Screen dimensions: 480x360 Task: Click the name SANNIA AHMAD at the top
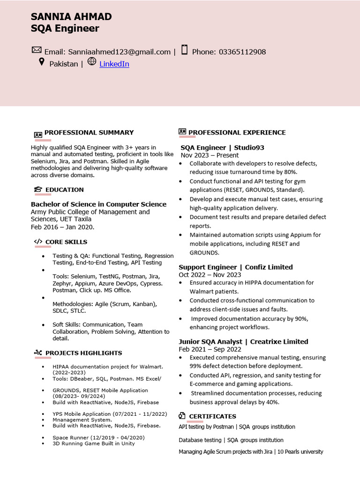(x=71, y=17)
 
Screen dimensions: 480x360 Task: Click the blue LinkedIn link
(x=114, y=64)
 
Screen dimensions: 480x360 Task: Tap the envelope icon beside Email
(x=37, y=50)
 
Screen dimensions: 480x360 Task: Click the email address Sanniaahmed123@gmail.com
(x=119, y=52)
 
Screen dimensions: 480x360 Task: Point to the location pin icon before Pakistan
(x=41, y=62)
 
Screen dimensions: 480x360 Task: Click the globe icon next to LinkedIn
(x=91, y=61)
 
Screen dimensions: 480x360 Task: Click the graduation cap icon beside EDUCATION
(x=38, y=190)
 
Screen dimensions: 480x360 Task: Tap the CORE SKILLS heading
(x=66, y=242)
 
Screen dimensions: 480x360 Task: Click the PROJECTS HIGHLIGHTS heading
(x=83, y=353)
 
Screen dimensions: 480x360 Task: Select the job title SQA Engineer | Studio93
(x=222, y=148)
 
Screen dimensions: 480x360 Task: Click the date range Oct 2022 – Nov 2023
(x=210, y=275)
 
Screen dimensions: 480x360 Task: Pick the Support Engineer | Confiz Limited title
(x=235, y=267)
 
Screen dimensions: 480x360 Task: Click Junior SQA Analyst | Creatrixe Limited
(x=243, y=342)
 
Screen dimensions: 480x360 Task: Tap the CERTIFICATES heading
(x=212, y=416)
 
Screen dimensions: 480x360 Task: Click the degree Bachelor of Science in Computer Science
(x=98, y=204)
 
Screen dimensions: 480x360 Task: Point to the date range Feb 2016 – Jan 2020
(x=62, y=227)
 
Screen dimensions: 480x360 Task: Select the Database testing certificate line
(x=231, y=440)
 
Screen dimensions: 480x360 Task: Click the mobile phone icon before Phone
(x=184, y=50)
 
